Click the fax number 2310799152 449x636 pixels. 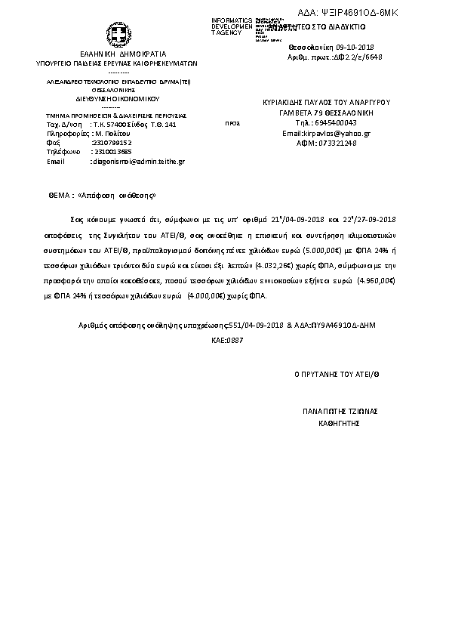(111, 142)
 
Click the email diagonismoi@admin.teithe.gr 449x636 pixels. (137, 161)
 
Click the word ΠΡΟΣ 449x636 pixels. (233, 122)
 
